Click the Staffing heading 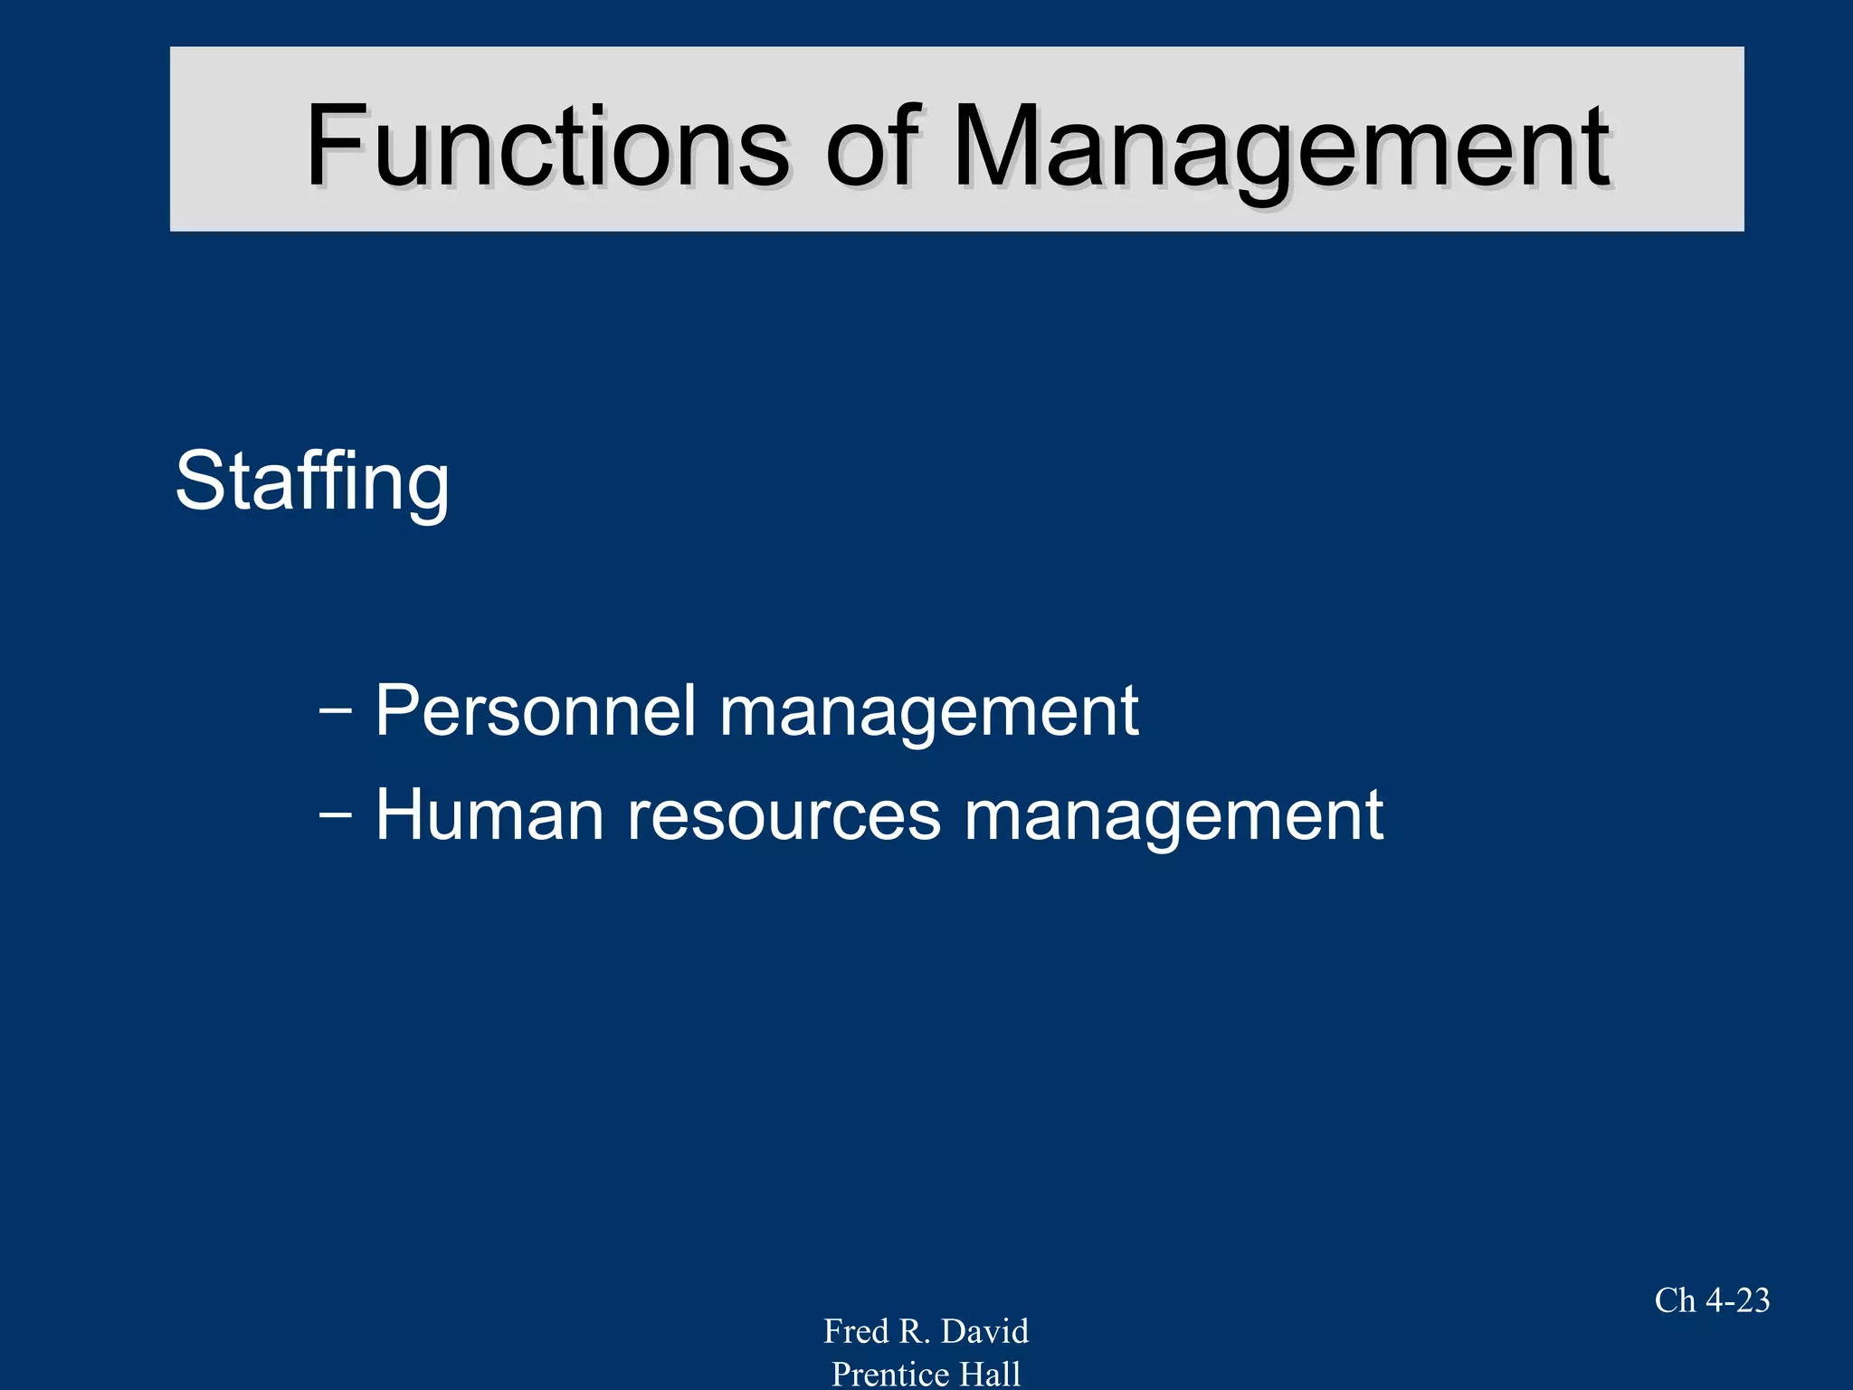click(x=312, y=481)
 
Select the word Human click(x=489, y=814)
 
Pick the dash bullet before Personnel click(x=336, y=710)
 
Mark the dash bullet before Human click(x=336, y=814)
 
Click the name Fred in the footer click(x=856, y=1331)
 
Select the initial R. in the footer click(x=915, y=1331)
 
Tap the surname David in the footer click(x=984, y=1331)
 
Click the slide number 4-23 click(x=1737, y=1300)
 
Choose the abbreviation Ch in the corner click(x=1675, y=1300)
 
